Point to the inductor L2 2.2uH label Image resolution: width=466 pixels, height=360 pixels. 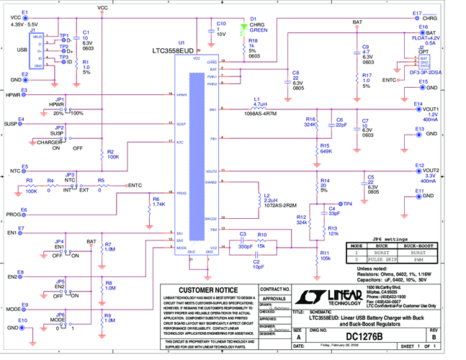point(272,198)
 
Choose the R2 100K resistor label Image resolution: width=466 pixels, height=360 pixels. point(113,153)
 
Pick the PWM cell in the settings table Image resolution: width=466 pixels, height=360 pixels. point(418,260)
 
